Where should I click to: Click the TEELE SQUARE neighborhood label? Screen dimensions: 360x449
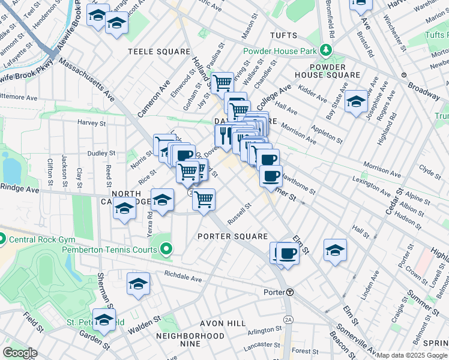point(157,52)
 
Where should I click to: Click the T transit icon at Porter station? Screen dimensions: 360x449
point(290,292)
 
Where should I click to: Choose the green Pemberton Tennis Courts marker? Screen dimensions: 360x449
point(166,247)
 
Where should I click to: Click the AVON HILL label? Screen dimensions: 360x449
point(225,323)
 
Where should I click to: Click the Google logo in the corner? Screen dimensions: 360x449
point(19,353)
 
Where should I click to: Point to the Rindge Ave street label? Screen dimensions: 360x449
point(19,190)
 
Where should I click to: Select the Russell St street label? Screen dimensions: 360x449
point(238,211)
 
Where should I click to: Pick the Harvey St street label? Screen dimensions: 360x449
point(91,122)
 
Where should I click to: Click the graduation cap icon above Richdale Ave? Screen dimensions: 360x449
point(138,283)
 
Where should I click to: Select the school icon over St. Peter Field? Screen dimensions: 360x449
point(104,320)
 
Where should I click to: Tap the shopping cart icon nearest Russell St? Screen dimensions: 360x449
point(204,199)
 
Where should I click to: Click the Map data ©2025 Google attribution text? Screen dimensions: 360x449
point(412,355)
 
